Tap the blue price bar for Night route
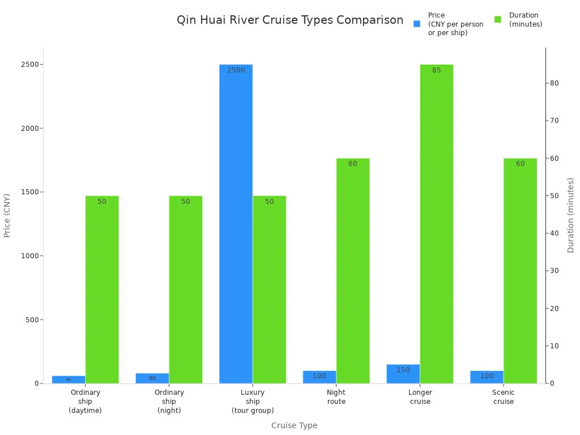[x=319, y=377]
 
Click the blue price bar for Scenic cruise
[x=487, y=377]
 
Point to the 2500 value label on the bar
[x=236, y=70]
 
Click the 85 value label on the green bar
[x=436, y=70]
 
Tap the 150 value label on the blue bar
[x=403, y=370]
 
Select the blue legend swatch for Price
[x=417, y=24]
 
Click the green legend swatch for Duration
[x=498, y=19]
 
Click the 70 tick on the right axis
[x=554, y=121]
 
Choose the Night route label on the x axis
[x=336, y=396]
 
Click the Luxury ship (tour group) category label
[x=253, y=401]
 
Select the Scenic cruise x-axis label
[x=503, y=396]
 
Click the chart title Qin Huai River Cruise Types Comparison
[x=290, y=20]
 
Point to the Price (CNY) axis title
[x=7, y=215]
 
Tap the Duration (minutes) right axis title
[x=570, y=215]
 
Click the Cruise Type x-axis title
[x=294, y=425]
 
